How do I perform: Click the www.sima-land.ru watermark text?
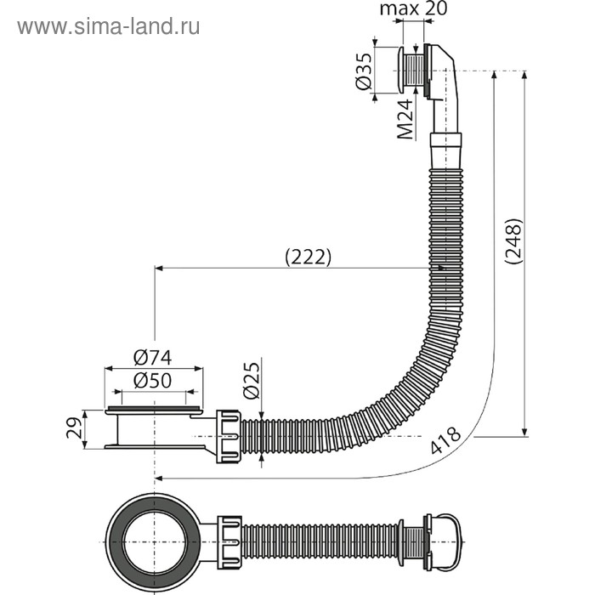pyautogui.click(x=109, y=26)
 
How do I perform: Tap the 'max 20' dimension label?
pyautogui.click(x=414, y=9)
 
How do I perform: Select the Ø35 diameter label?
pyautogui.click(x=362, y=71)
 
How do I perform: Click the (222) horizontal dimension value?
pyautogui.click(x=306, y=257)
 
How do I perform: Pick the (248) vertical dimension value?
pyautogui.click(x=513, y=244)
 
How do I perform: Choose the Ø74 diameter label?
pyautogui.click(x=153, y=358)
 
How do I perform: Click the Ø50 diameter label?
pyautogui.click(x=153, y=380)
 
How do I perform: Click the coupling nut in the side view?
pyautogui.click(x=229, y=433)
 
